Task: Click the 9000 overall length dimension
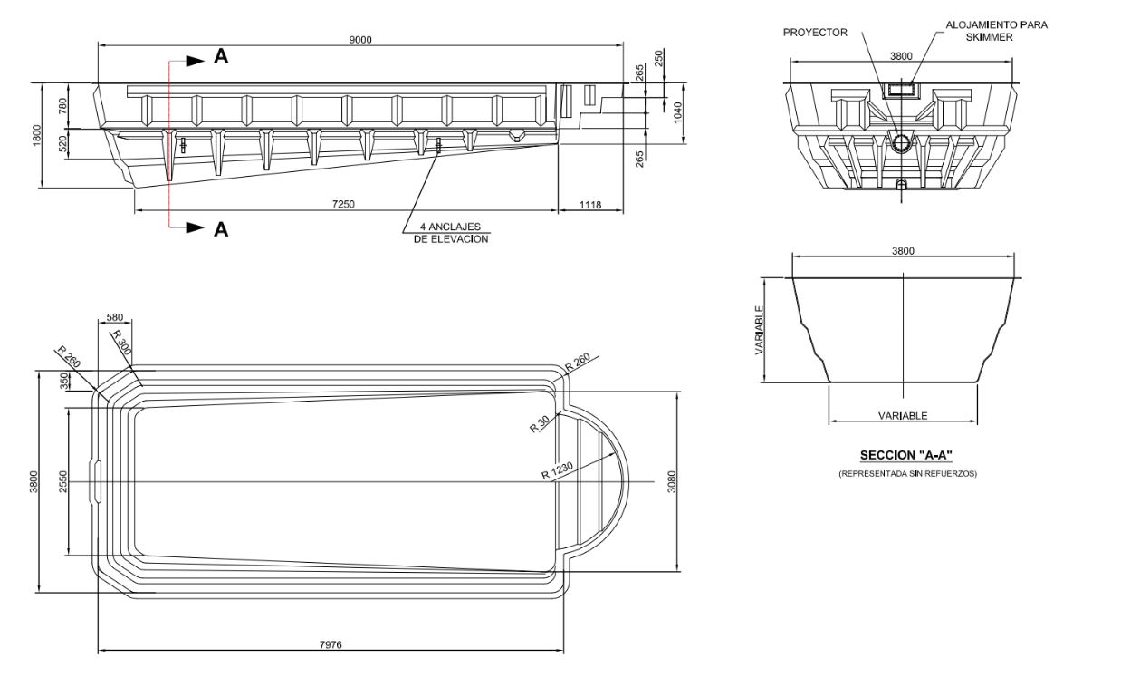[361, 39]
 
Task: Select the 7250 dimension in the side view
[343, 205]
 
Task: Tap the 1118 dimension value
[589, 205]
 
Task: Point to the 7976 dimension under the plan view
[331, 644]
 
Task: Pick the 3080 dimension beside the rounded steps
[672, 481]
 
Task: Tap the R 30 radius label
[541, 424]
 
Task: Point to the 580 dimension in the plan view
[114, 317]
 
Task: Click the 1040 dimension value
[676, 112]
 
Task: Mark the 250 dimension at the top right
[659, 56]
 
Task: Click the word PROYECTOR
[815, 33]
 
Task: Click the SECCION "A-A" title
[906, 454]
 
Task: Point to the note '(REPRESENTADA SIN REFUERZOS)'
[907, 473]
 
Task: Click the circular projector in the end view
[901, 142]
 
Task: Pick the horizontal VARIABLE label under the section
[903, 416]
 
